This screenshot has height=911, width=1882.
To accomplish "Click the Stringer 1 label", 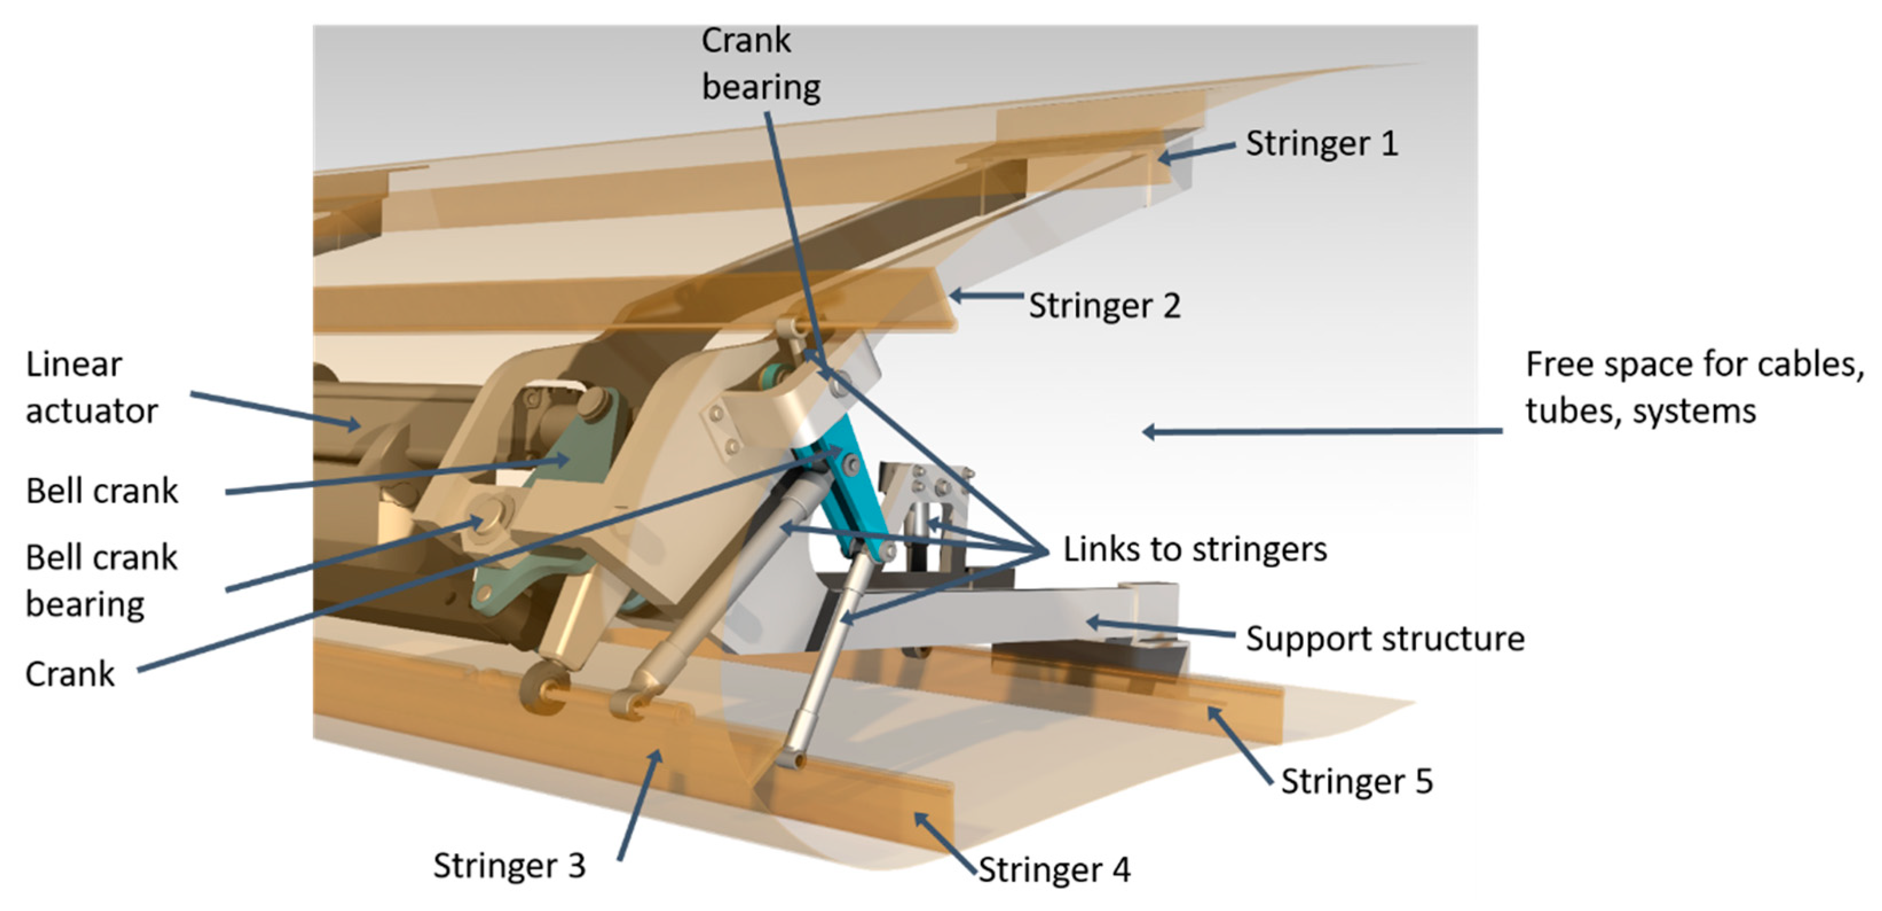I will (1321, 144).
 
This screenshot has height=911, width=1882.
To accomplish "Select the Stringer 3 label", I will (509, 866).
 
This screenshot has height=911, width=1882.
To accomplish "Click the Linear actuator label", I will (92, 388).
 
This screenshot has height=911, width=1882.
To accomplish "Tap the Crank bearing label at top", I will (760, 64).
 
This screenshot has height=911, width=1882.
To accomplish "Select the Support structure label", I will (1384, 639).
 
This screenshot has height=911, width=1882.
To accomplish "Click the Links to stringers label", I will (1194, 549).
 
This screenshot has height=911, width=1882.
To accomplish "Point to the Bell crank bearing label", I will (101, 581).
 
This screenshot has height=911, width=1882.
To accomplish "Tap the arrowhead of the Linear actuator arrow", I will (355, 424).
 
